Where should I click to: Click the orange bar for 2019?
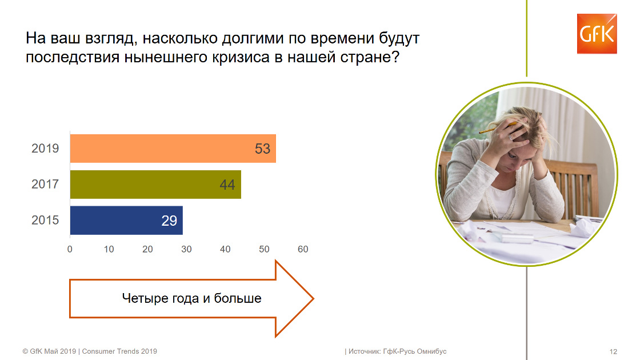point(173,149)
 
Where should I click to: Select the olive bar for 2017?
point(155,185)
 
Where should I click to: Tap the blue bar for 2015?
point(126,221)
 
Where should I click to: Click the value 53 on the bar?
point(262,149)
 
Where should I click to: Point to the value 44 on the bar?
point(227,185)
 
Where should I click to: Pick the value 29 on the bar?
point(169,221)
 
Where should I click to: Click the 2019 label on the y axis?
point(45,148)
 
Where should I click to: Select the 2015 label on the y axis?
point(45,220)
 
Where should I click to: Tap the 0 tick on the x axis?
point(70,249)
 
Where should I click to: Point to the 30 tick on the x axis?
point(186,249)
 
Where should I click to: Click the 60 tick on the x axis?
point(303,249)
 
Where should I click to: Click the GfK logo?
point(597,34)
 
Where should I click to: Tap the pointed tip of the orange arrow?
point(314,299)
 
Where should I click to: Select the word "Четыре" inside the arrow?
point(145,298)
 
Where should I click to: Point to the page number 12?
point(613,351)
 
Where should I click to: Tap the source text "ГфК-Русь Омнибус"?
point(415,351)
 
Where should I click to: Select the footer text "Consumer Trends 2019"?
point(119,351)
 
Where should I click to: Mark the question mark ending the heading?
point(395,57)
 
